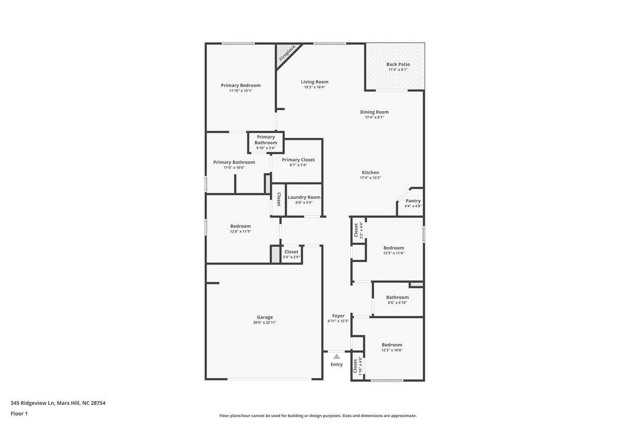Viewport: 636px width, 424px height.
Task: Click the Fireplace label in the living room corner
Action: pyautogui.click(x=287, y=53)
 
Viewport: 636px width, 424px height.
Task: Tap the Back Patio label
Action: pyautogui.click(x=398, y=65)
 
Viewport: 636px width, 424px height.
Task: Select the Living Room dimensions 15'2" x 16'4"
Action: pyautogui.click(x=315, y=87)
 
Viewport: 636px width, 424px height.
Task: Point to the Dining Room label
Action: pyautogui.click(x=375, y=112)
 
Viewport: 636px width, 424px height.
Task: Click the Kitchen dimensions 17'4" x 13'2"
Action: pyautogui.click(x=371, y=178)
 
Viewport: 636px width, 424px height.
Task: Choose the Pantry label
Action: pyautogui.click(x=413, y=201)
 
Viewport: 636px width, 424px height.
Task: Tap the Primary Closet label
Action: pyautogui.click(x=299, y=160)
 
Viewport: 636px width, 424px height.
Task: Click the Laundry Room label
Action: pyautogui.click(x=304, y=197)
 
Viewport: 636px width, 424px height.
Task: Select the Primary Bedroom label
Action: pyautogui.click(x=241, y=85)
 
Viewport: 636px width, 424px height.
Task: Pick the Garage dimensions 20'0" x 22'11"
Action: pyautogui.click(x=265, y=322)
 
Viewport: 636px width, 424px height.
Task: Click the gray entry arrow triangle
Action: pyautogui.click(x=336, y=356)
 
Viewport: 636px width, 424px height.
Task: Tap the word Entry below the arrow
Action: pyautogui.click(x=336, y=364)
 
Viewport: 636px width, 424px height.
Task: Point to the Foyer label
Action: pyautogui.click(x=338, y=316)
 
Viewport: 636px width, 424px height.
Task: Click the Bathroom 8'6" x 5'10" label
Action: pyautogui.click(x=397, y=297)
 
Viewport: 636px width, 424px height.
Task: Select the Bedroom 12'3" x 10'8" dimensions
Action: pyautogui.click(x=392, y=350)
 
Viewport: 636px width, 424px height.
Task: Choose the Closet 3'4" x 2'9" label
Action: pyautogui.click(x=291, y=252)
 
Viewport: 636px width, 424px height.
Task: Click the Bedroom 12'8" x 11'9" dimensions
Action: pyautogui.click(x=240, y=232)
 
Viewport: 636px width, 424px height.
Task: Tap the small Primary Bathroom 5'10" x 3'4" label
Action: pyautogui.click(x=266, y=140)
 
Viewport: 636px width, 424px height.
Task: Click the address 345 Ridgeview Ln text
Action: pyautogui.click(x=32, y=403)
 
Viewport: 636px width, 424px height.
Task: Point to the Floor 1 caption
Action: pyautogui.click(x=19, y=414)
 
